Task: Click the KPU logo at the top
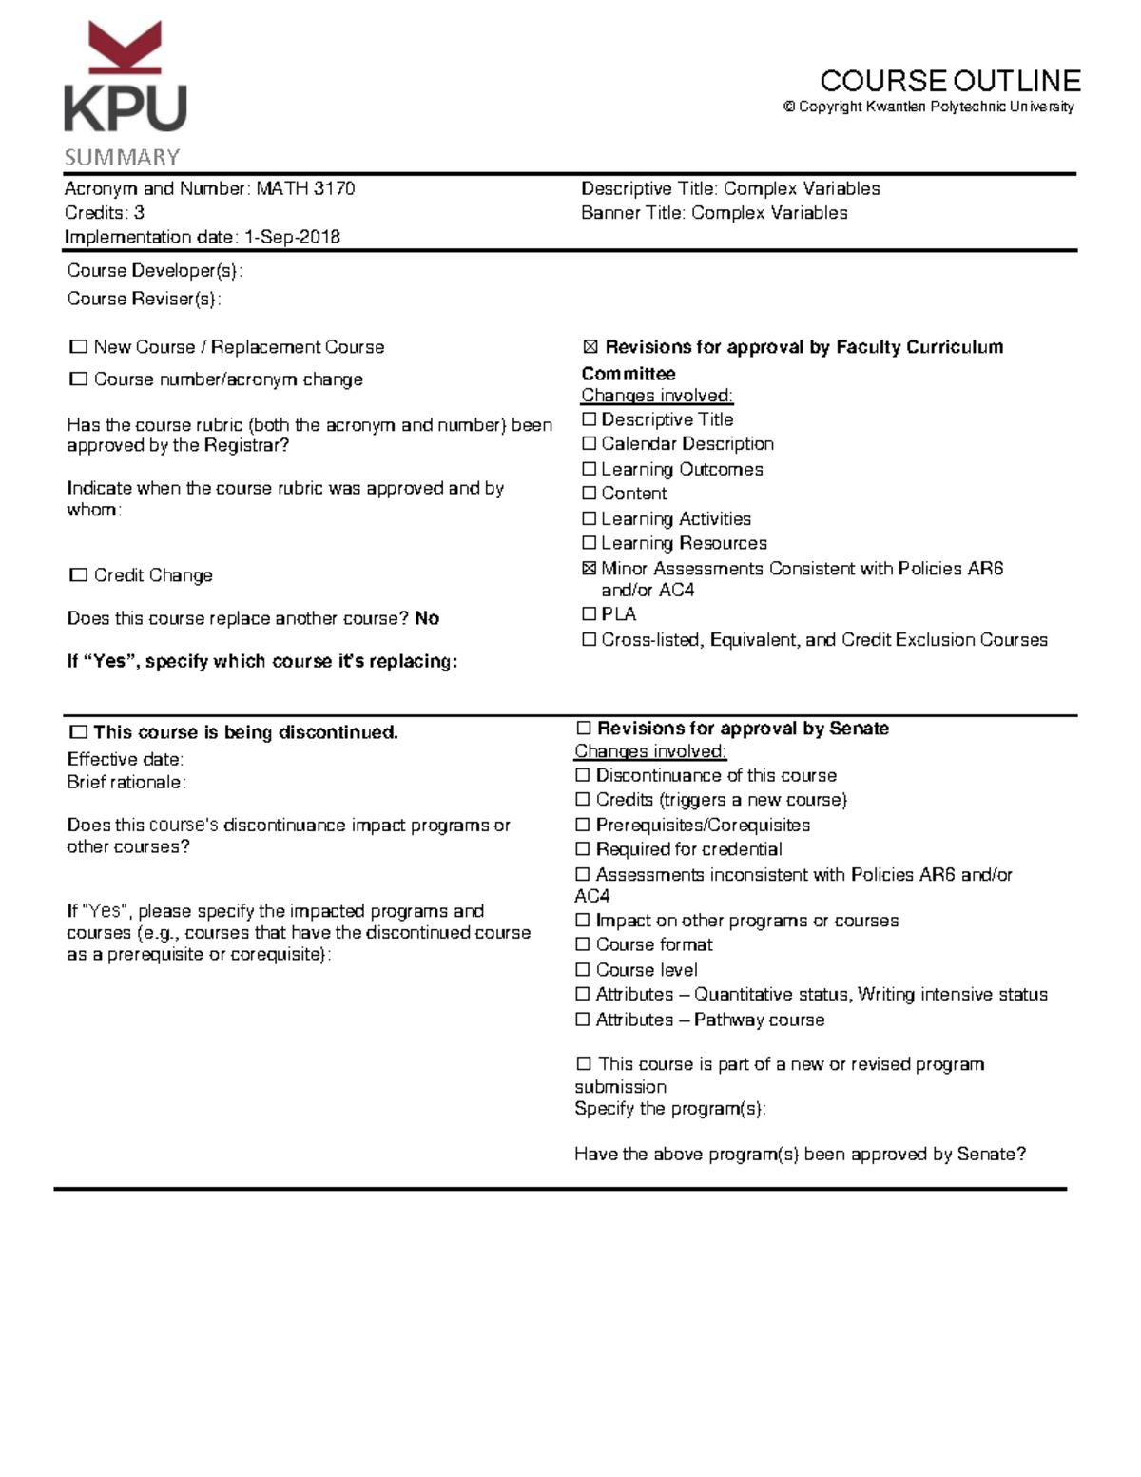point(126,79)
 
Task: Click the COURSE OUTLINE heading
point(950,81)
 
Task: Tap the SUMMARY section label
point(122,157)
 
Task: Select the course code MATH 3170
point(305,188)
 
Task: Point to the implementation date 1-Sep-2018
point(292,237)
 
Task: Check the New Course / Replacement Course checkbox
point(78,347)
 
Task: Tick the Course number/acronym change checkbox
point(78,379)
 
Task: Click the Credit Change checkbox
point(78,575)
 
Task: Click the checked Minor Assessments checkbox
point(589,569)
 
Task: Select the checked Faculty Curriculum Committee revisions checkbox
point(590,347)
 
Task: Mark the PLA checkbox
point(589,614)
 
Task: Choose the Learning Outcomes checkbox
point(589,469)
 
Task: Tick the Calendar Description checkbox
point(589,444)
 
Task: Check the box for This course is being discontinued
point(78,732)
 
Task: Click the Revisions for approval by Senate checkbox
point(583,729)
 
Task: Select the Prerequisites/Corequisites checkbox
point(583,825)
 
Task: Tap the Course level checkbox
point(583,970)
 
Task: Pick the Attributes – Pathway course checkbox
point(583,1020)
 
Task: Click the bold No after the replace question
point(427,618)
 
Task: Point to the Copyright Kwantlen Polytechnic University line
point(928,107)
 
